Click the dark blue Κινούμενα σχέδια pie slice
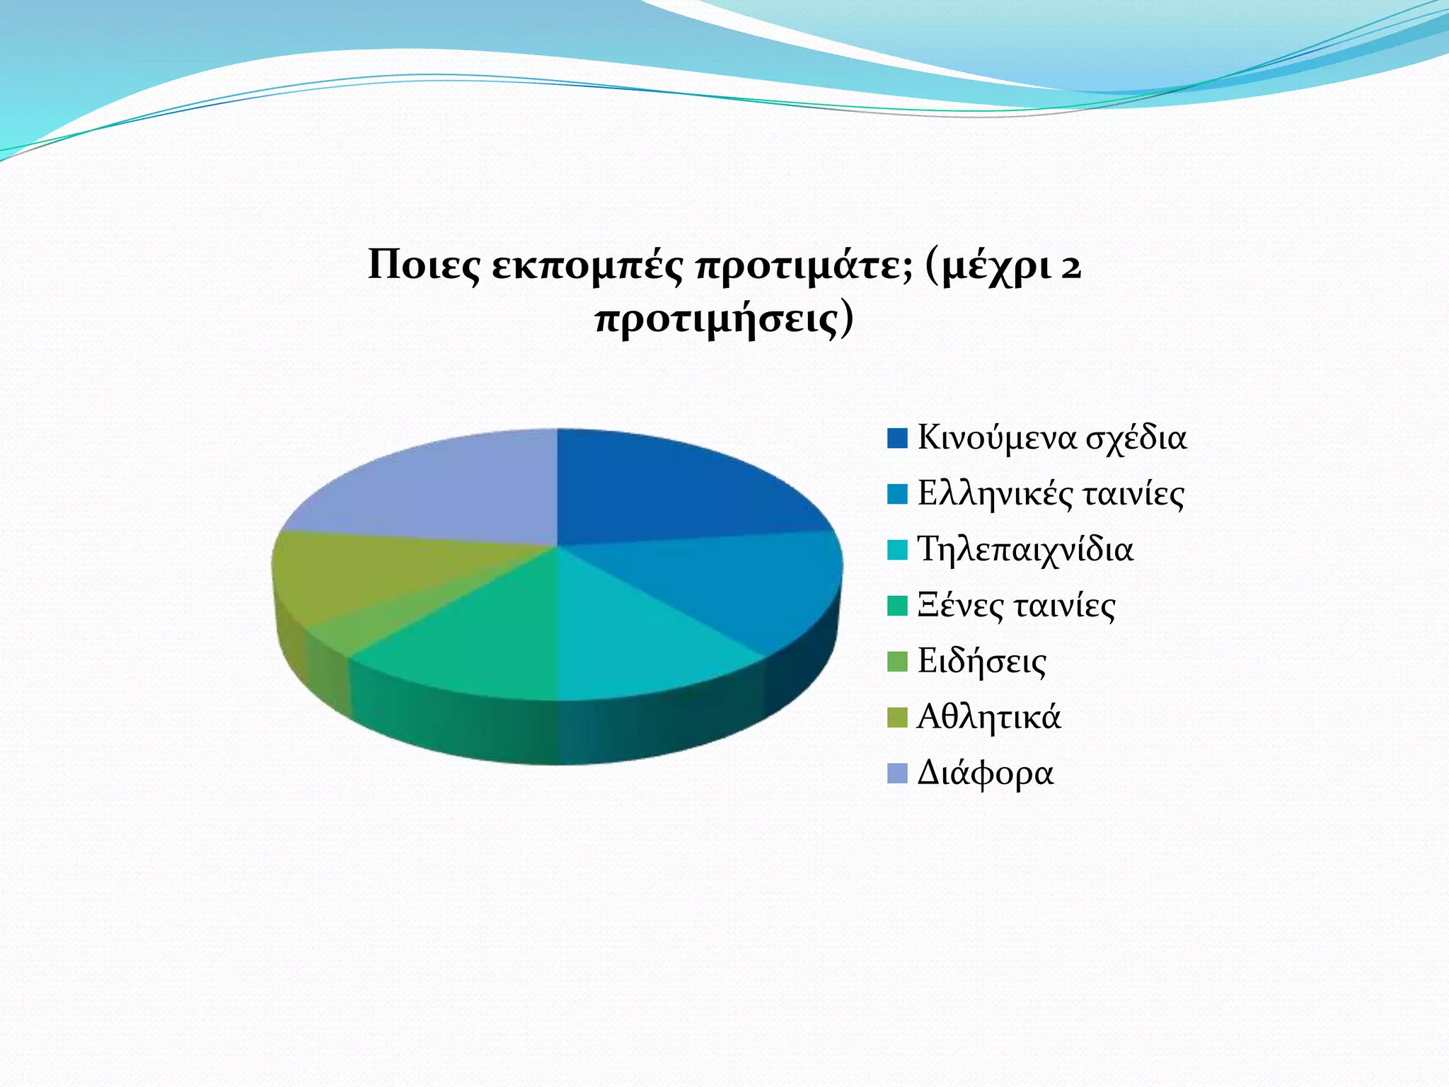pyautogui.click(x=672, y=488)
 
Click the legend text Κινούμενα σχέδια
pyautogui.click(x=1051, y=438)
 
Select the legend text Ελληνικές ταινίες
pyautogui.click(x=1051, y=494)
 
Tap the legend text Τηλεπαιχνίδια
pyautogui.click(x=1025, y=550)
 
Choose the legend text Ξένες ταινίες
pyautogui.click(x=1016, y=606)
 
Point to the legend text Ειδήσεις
pyautogui.click(x=981, y=662)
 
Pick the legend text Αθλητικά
pyautogui.click(x=988, y=718)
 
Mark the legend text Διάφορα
pyautogui.click(x=985, y=773)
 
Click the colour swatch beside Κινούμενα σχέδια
pyautogui.click(x=897, y=438)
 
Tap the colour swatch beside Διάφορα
pyautogui.click(x=897, y=773)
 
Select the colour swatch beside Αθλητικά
pyautogui.click(x=897, y=718)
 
